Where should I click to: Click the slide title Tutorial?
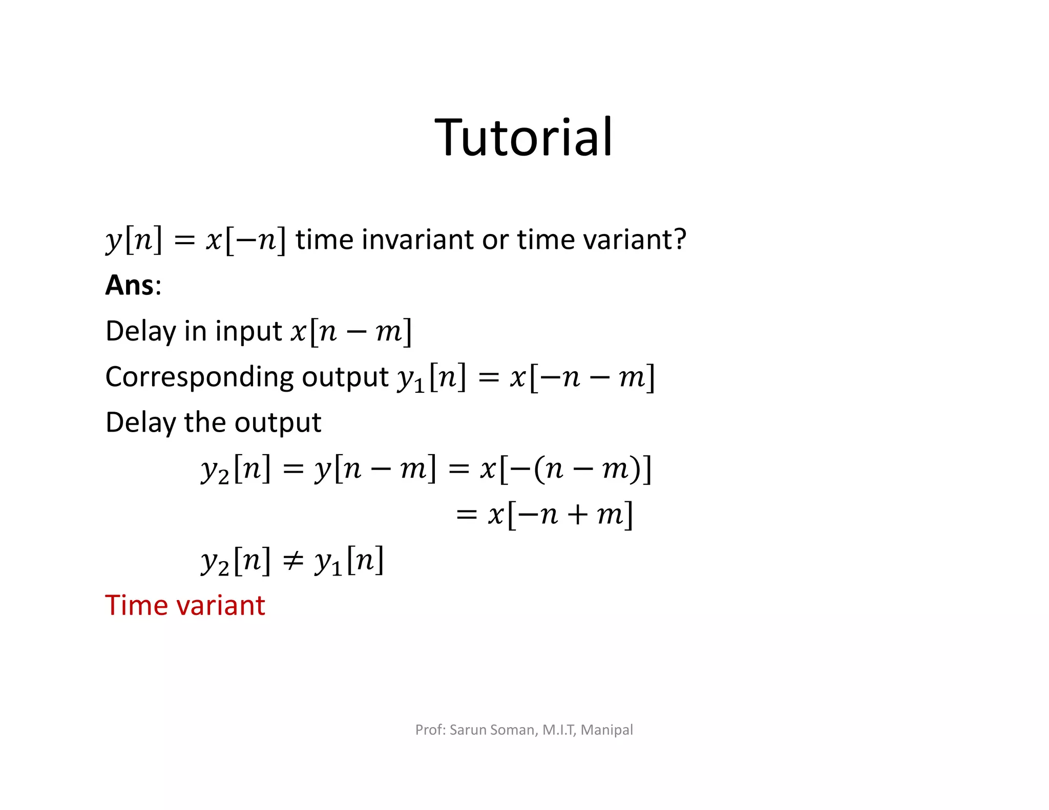[x=523, y=137]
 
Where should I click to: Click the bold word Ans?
[x=129, y=285]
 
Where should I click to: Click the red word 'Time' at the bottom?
[x=136, y=605]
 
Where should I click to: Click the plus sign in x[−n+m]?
[x=577, y=515]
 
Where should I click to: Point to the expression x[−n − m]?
[x=582, y=378]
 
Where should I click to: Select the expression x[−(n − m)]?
[x=565, y=469]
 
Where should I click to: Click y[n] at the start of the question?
[x=134, y=239]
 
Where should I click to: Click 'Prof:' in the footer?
[x=430, y=730]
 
